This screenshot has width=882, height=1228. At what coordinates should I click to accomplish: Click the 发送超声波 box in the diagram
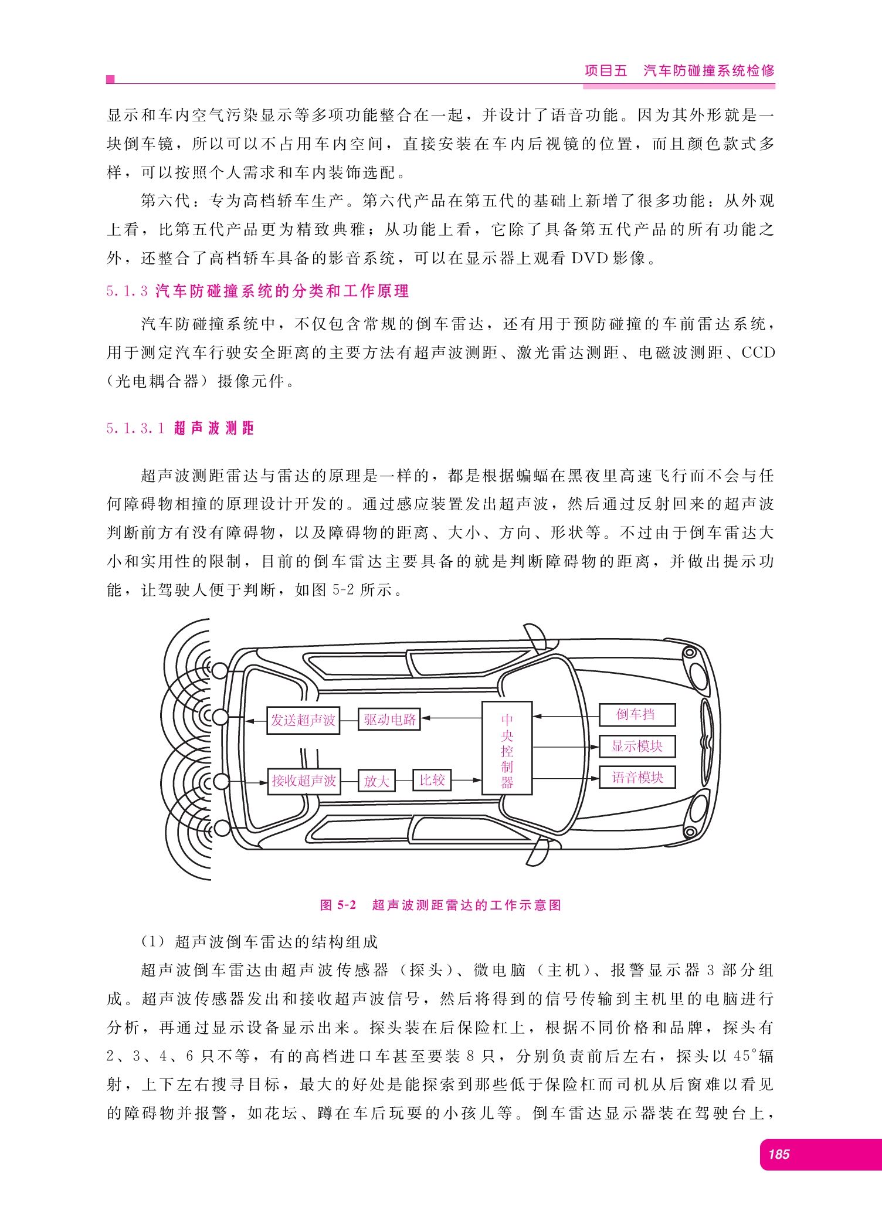(x=303, y=720)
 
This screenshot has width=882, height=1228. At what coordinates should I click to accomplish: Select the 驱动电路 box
(x=389, y=720)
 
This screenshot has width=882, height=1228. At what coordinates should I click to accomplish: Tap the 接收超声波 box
(x=304, y=781)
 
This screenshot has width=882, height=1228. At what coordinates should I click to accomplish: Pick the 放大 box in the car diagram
(x=376, y=781)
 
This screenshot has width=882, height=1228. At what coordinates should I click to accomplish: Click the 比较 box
(x=432, y=780)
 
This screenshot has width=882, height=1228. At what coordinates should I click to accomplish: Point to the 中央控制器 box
(x=507, y=748)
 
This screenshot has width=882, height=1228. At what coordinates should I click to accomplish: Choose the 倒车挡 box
(x=637, y=715)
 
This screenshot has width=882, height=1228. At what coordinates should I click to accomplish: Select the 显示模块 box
(x=637, y=747)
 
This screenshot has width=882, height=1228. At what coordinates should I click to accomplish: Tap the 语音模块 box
(x=637, y=778)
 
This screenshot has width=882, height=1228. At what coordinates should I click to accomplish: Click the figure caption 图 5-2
(x=338, y=905)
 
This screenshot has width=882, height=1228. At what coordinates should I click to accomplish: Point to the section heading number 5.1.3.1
(x=135, y=429)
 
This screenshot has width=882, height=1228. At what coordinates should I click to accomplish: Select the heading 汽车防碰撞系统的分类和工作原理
(x=282, y=291)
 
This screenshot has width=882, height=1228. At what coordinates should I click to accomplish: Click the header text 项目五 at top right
(x=606, y=71)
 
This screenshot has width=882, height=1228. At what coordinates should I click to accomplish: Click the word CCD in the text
(x=758, y=353)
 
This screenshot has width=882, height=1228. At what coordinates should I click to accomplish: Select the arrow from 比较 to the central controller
(x=467, y=780)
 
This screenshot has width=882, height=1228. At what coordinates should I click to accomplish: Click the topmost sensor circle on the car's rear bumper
(x=220, y=670)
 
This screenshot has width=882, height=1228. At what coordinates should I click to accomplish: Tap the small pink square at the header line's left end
(x=110, y=80)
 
